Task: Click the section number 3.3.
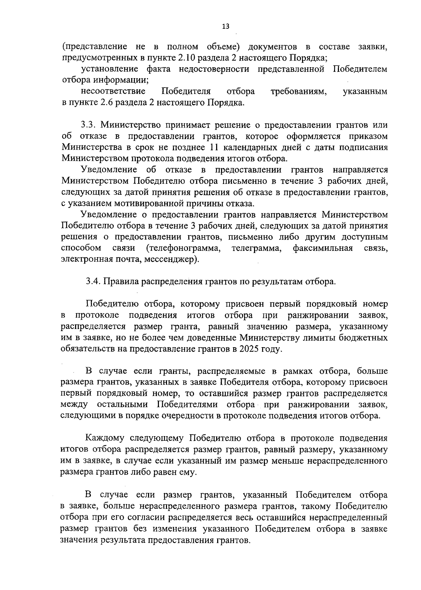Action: pyautogui.click(x=88, y=125)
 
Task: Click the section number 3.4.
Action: pyautogui.click(x=93, y=282)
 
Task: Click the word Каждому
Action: pyautogui.click(x=106, y=438)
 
